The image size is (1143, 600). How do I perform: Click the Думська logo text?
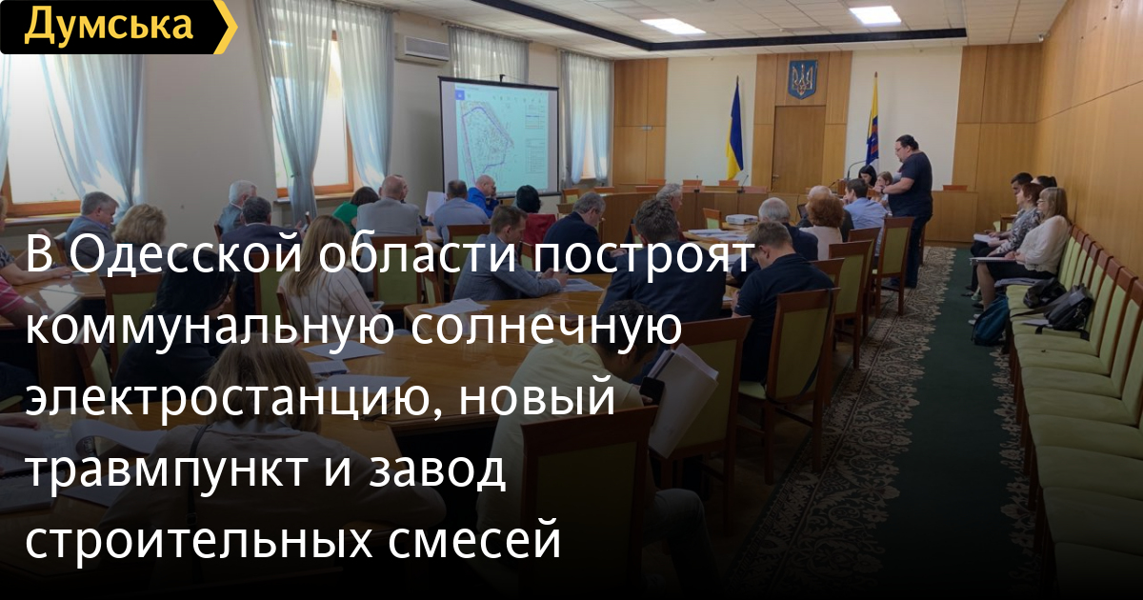pos(109,25)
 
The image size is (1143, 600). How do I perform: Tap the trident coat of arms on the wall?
pos(803,79)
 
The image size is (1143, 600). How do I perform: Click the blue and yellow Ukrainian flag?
pos(734,130)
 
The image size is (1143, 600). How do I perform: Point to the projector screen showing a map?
pos(498,136)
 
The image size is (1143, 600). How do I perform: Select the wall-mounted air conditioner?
pos(422,49)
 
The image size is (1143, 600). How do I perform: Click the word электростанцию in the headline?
pos(232,398)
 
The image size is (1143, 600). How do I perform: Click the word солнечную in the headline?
pos(546,327)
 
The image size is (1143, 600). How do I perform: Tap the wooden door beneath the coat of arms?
pos(799,148)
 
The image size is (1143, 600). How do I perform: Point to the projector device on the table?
pos(741,220)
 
